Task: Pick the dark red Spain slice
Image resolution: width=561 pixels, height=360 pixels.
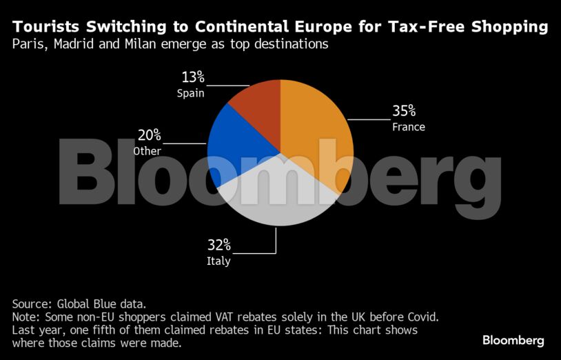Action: click(258, 103)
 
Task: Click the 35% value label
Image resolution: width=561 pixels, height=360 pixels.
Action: click(404, 110)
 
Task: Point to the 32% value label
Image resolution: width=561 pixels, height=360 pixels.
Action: click(219, 246)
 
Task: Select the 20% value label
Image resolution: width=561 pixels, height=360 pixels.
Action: click(148, 135)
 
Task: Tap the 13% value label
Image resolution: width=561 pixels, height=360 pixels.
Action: click(192, 77)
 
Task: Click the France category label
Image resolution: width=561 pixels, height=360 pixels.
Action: click(409, 127)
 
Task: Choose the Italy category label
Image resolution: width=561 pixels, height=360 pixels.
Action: click(218, 261)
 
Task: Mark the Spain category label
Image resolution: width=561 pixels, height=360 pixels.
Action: click(190, 93)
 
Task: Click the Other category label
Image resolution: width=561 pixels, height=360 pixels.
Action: click(147, 151)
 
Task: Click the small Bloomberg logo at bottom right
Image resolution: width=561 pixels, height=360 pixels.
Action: click(513, 340)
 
